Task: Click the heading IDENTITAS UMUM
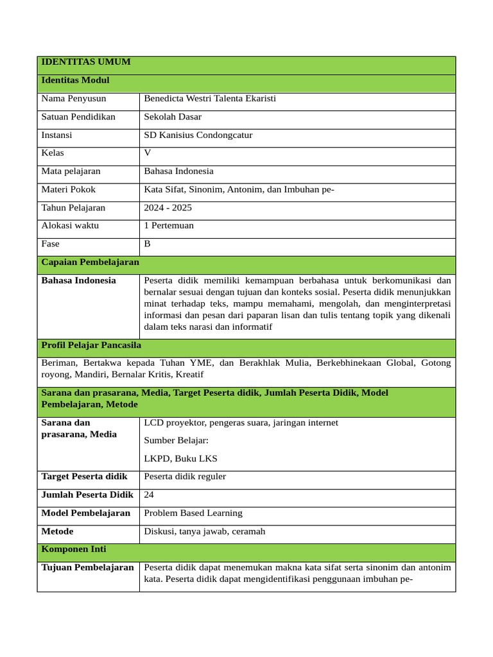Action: tap(85, 62)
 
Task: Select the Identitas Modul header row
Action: tap(75, 80)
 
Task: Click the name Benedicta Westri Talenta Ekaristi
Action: tap(210, 99)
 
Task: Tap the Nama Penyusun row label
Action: tap(73, 99)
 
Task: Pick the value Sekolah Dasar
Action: tap(173, 117)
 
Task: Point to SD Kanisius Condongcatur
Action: tap(198, 135)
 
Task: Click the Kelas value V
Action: tap(148, 153)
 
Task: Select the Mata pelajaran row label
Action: tap(71, 171)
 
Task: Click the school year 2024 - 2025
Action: tap(168, 208)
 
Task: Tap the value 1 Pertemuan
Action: tap(169, 226)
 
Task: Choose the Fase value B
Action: tap(147, 244)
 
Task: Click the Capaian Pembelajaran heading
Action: tap(90, 262)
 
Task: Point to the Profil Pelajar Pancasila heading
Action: tap(91, 345)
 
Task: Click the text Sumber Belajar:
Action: tap(176, 440)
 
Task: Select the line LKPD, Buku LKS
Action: tap(180, 458)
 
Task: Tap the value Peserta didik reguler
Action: tap(185, 477)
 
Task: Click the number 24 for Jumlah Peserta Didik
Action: tap(149, 495)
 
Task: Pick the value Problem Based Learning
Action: tap(193, 513)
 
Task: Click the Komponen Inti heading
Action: tap(74, 550)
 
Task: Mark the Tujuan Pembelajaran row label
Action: tap(87, 568)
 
